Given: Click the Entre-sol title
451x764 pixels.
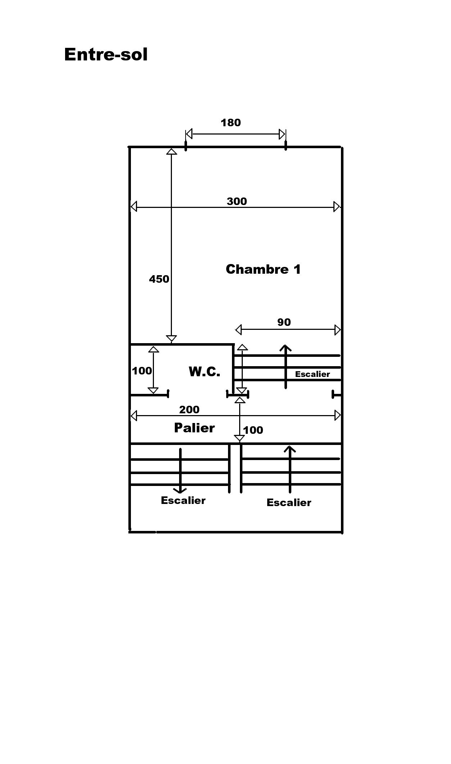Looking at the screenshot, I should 106,55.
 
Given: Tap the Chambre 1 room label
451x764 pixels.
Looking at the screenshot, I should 263,269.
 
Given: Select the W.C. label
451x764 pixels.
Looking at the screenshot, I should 204,372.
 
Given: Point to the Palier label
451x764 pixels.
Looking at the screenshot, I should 194,428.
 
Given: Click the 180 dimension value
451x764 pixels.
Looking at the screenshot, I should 231,123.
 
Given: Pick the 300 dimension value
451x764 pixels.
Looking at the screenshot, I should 237,201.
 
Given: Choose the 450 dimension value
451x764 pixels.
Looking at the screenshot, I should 159,279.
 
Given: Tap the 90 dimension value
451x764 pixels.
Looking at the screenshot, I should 284,322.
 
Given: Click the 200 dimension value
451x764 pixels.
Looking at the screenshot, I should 189,409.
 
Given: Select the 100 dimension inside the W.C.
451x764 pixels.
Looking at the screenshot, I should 142,370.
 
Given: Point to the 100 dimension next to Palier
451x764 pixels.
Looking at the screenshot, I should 253,430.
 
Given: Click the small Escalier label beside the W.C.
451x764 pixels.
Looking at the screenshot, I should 312,374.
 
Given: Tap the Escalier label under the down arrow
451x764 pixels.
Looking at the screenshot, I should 183,500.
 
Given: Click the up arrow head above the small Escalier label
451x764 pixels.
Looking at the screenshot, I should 286,347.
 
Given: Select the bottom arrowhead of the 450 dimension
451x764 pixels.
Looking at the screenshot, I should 171,338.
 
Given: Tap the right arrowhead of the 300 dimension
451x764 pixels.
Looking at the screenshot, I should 337,207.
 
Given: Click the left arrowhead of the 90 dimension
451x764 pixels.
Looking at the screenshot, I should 238,329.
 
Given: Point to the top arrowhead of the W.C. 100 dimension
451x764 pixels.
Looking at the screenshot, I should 154,349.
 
